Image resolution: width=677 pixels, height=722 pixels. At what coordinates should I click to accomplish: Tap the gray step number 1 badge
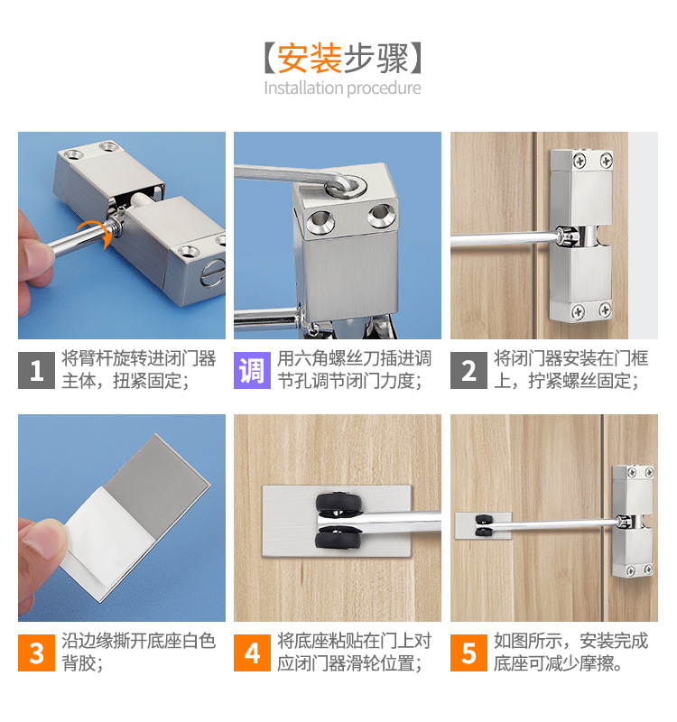click(x=36, y=370)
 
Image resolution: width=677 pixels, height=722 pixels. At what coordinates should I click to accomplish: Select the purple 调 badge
click(x=252, y=370)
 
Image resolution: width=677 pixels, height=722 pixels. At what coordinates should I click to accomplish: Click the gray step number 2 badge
click(x=468, y=370)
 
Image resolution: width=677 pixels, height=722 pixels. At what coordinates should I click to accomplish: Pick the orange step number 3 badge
click(x=36, y=653)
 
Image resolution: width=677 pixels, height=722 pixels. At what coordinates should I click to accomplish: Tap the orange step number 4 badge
click(x=252, y=653)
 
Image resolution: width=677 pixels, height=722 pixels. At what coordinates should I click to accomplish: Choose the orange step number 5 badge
click(x=468, y=653)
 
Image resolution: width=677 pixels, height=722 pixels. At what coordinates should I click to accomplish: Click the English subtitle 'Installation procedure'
click(x=342, y=88)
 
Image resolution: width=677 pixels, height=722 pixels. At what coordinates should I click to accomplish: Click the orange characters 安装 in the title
click(x=309, y=59)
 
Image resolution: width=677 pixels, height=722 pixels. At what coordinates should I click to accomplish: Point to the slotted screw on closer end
click(x=213, y=273)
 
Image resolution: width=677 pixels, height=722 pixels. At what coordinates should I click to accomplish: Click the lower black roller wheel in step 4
click(x=338, y=537)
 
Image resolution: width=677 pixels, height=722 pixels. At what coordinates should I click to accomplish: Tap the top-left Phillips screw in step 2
click(x=580, y=161)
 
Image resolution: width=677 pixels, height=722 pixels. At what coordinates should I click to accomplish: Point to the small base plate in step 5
click(x=483, y=525)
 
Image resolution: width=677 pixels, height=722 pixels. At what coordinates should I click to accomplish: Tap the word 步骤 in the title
click(x=376, y=59)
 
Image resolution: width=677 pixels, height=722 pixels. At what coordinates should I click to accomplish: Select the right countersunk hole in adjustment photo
click(x=381, y=216)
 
